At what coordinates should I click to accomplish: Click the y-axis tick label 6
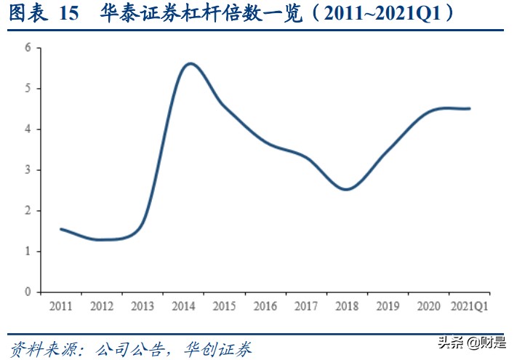[28, 48]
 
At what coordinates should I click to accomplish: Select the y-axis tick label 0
[28, 292]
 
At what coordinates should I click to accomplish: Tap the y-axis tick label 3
[28, 170]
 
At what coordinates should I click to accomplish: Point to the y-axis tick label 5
[28, 89]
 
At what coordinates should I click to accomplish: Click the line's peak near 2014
[191, 63]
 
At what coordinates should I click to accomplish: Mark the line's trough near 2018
[348, 189]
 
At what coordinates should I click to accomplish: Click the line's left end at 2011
[61, 229]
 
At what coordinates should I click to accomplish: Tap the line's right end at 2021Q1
[469, 108]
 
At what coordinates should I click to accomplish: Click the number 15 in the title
[65, 15]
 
